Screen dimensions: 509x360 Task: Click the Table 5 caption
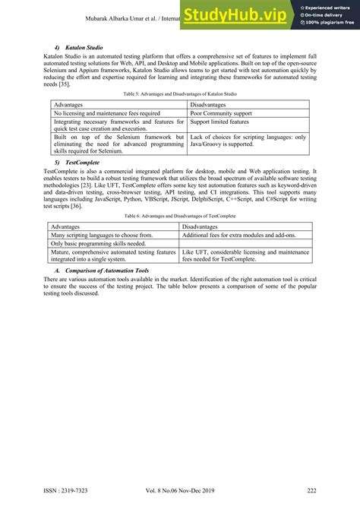click(x=180, y=94)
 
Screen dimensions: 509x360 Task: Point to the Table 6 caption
click(x=180, y=217)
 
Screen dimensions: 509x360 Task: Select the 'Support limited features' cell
click(x=219, y=122)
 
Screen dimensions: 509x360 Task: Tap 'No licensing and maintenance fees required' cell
click(x=106, y=113)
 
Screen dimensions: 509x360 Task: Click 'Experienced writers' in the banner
click(x=328, y=6)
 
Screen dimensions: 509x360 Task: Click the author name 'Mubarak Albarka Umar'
click(x=112, y=17)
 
